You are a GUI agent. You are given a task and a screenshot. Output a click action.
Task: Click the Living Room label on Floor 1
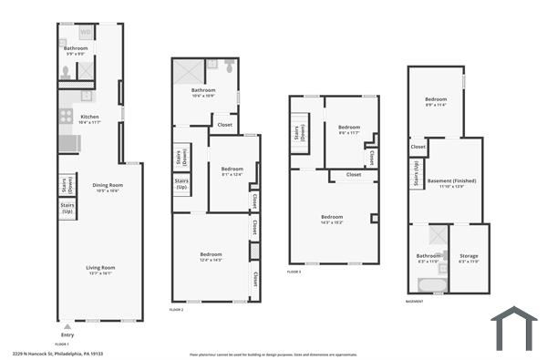point(98,269)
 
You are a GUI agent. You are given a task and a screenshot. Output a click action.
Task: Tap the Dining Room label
point(108,188)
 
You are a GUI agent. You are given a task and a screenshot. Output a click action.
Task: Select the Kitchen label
point(89,118)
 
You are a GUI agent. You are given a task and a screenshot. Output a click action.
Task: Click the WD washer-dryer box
point(85,33)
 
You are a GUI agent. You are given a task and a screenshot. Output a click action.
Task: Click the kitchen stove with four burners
point(66,116)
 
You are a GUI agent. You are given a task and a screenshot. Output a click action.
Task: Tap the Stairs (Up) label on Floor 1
point(67,210)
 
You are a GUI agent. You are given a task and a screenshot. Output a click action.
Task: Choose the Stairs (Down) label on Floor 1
point(67,184)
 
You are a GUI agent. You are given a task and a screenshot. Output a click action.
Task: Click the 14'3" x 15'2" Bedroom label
point(331,219)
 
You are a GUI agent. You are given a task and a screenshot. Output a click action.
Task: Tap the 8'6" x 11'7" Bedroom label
point(349,129)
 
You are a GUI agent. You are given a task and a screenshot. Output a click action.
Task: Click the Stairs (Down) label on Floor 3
point(299,135)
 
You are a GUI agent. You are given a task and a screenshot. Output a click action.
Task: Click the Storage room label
point(469,258)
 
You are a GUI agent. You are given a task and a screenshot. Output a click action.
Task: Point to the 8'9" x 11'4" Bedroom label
point(437,102)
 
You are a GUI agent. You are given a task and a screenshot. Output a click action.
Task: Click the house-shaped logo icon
point(513,328)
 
